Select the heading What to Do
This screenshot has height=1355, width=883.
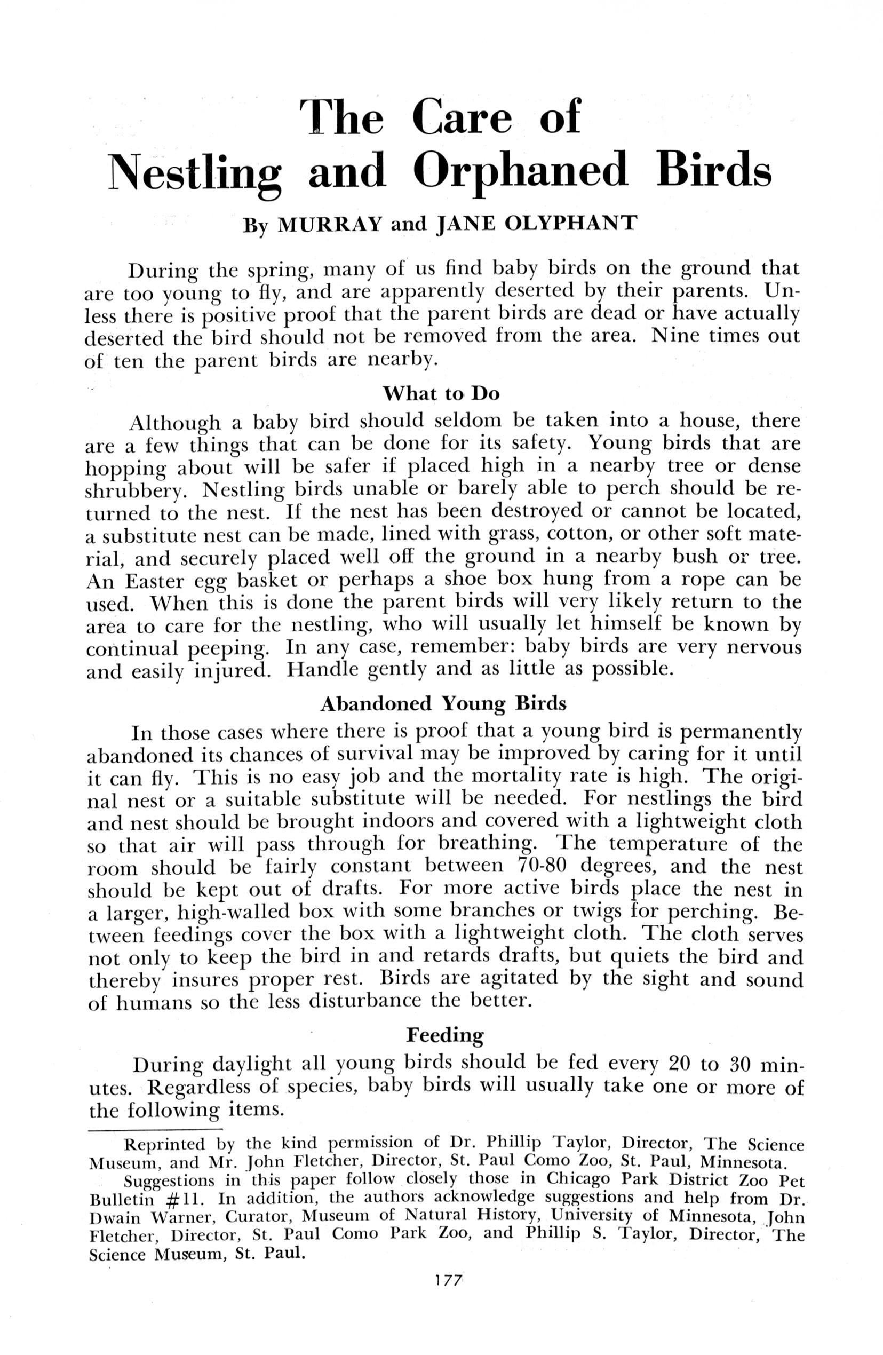pos(441,393)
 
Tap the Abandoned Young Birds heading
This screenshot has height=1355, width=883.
pos(443,704)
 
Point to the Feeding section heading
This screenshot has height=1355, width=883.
pos(444,1034)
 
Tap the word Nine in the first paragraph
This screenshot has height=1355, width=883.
pos(676,335)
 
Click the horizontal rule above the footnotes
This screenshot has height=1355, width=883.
pos(155,1128)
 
